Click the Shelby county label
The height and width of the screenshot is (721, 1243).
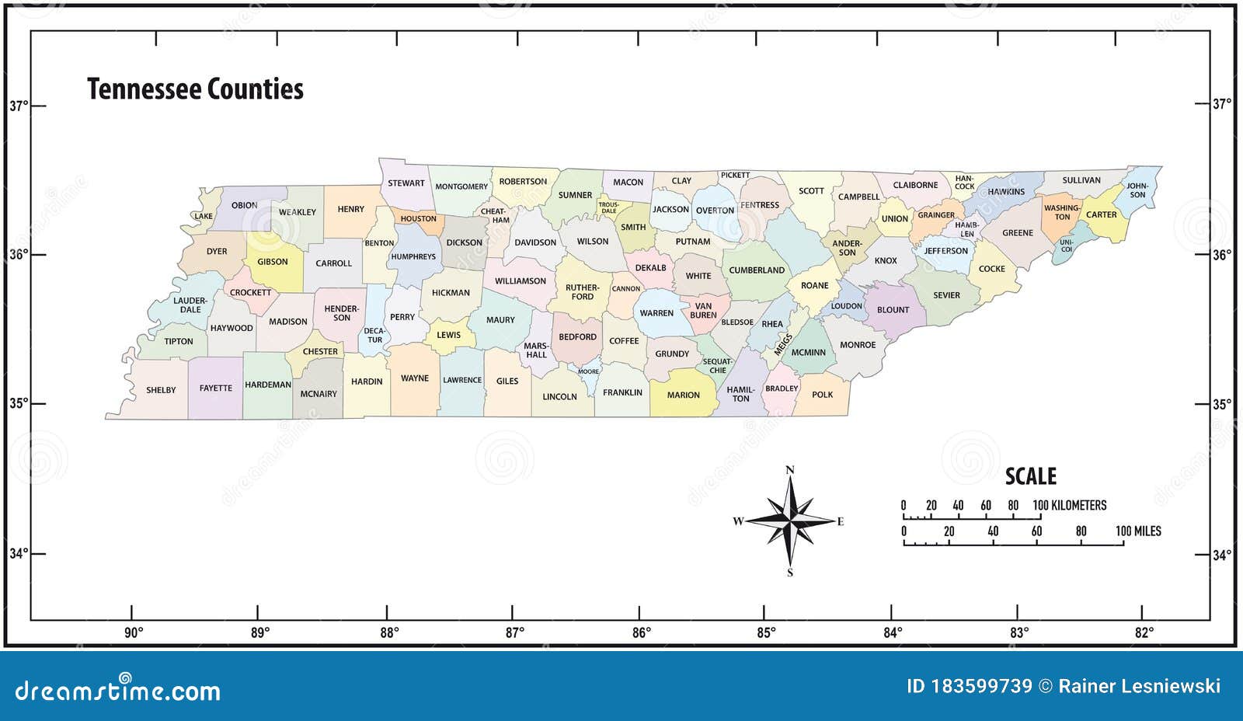pos(161,390)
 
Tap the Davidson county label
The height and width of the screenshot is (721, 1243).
pos(535,242)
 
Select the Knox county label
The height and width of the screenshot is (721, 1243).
pos(886,261)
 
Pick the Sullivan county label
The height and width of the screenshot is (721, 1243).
pos(1081,180)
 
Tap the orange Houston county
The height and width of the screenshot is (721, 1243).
pos(418,220)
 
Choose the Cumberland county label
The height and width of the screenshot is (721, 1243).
pos(757,270)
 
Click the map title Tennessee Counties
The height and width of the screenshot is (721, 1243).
pos(195,89)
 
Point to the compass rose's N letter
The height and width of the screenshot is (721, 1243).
pos(790,469)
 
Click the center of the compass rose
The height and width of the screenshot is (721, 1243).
pos(790,521)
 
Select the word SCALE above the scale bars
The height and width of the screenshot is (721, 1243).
pos(1031,476)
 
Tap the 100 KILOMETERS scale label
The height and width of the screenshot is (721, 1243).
pos(1070,505)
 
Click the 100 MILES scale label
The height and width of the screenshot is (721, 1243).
pos(1138,531)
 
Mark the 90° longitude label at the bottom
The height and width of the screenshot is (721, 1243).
pos(134,632)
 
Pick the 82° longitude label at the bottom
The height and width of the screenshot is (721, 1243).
pos(1144,632)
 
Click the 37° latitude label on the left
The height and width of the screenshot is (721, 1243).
pos(19,106)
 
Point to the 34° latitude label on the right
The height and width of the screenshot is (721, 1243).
pos(1221,555)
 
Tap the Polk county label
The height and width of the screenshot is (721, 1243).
pos(822,395)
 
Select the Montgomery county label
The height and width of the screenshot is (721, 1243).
pos(461,186)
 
